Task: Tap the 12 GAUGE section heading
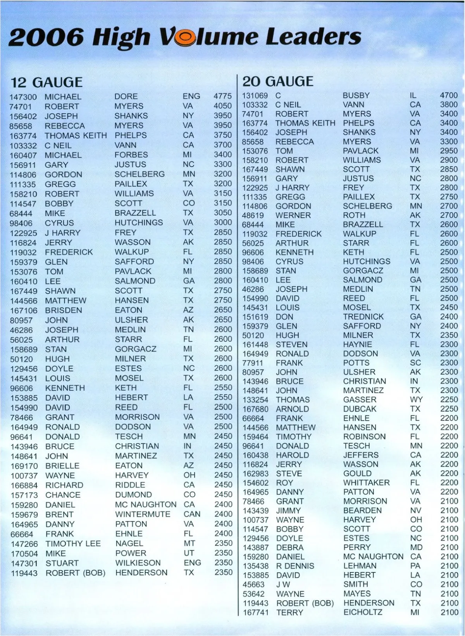46,82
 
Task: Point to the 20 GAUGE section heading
277,81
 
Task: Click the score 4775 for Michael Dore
222,96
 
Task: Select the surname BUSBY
356,95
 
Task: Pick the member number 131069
255,95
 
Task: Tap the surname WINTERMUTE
143,514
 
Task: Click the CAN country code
192,514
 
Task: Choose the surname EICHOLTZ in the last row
363,612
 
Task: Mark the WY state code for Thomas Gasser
416,400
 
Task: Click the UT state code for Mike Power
189,553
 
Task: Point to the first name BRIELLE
62,466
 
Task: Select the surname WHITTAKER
366,483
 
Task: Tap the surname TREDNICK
363,317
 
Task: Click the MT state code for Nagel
189,544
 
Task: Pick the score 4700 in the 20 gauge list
449,95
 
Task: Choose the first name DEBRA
289,548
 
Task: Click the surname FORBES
131,155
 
